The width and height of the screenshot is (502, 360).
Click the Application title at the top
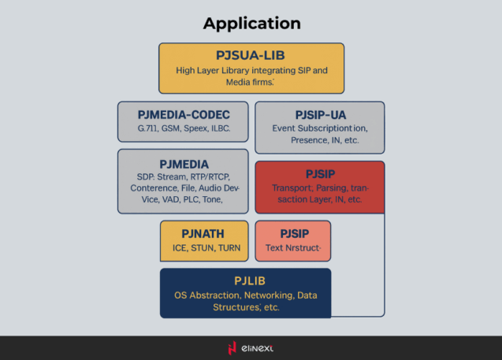pos(251,23)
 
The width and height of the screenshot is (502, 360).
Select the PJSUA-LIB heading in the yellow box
pos(251,54)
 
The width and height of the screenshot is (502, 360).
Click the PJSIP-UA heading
pos(319,114)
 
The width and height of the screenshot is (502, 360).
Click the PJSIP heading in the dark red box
pos(319,173)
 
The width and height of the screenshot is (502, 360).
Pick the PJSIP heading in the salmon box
pos(292,233)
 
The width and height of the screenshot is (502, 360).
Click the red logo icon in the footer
pos(232,348)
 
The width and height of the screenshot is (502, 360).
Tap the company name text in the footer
pos(258,348)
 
